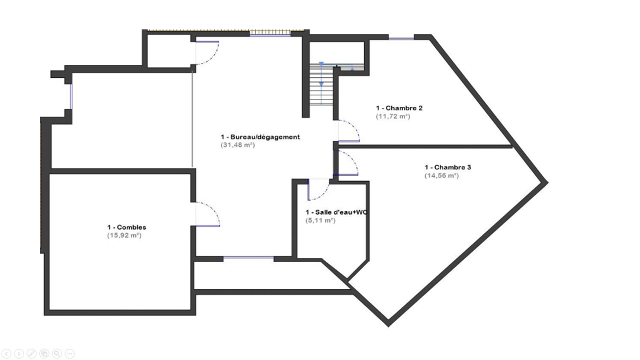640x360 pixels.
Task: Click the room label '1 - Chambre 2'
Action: [399, 108]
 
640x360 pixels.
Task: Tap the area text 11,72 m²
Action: [393, 116]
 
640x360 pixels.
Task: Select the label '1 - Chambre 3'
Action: [447, 167]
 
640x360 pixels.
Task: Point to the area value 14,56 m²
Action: [441, 175]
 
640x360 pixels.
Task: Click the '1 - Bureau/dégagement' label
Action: [260, 137]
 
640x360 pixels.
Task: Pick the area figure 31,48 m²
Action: [237, 145]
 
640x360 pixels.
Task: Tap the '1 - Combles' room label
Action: [126, 227]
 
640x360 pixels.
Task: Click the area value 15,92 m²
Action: [124, 235]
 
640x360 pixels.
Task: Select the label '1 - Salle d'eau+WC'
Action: [336, 212]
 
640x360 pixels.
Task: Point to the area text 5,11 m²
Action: [320, 220]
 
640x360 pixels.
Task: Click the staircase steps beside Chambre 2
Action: [321, 84]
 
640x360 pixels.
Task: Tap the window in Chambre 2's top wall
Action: [401, 38]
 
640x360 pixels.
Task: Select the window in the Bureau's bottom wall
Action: [248, 258]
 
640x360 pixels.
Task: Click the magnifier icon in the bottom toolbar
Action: [57, 353]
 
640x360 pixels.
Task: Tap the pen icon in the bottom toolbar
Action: [31, 353]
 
